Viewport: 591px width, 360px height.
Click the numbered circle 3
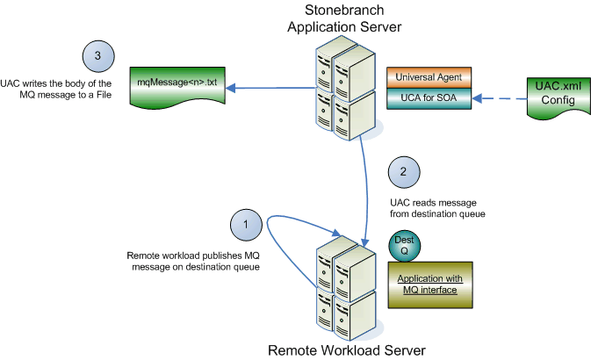click(98, 56)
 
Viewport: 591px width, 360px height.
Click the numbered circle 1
click(247, 226)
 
